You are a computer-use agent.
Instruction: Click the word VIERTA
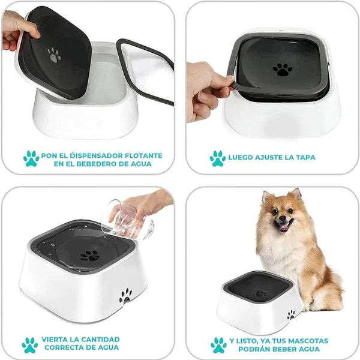pos(55,340)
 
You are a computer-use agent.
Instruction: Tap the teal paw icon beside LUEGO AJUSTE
pos(217,158)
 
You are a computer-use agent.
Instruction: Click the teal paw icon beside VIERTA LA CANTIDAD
pos(30,345)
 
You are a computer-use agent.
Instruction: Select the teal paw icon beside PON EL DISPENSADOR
pos(31,158)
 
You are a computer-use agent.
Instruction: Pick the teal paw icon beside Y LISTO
pos(218,345)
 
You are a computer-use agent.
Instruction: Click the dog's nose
pos(282,218)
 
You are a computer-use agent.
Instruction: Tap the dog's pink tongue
pos(284,227)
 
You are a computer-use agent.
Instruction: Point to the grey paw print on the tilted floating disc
pos(54,55)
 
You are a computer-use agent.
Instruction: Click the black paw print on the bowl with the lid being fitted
pos(283,70)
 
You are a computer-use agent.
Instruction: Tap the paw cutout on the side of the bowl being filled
pos(125,296)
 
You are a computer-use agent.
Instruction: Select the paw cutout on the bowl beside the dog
pos(291,314)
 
